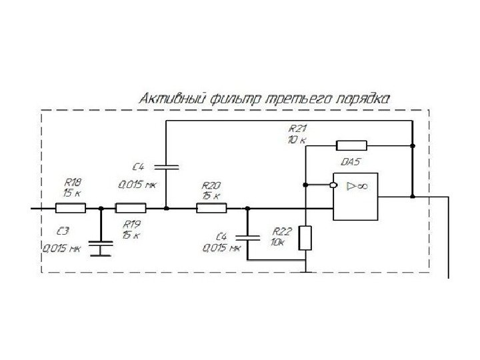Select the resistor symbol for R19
tap(131, 209)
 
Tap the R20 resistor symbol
tap(211, 209)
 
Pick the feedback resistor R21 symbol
tap(351, 145)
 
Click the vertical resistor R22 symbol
tap(305, 238)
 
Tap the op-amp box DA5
tap(357, 197)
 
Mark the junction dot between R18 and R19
tap(101, 209)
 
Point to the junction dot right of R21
tap(413, 145)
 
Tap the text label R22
tap(283, 231)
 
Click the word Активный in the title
tap(170, 99)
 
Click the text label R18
tap(72, 181)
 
